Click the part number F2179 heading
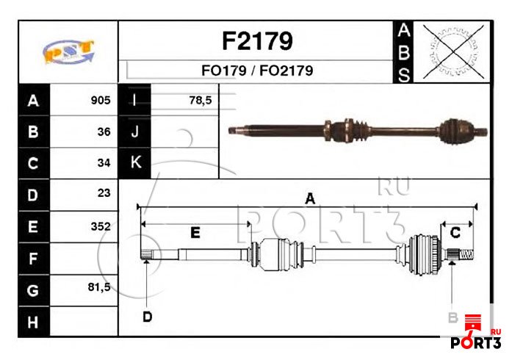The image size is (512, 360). click(257, 41)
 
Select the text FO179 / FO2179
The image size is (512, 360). click(257, 71)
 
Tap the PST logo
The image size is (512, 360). click(68, 51)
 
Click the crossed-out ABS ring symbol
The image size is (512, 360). click(453, 51)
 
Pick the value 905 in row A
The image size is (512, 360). click(101, 101)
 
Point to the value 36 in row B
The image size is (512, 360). click(104, 132)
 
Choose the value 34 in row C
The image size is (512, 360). click(104, 162)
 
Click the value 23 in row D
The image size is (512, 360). click(104, 192)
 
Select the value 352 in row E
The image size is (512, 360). click(101, 226)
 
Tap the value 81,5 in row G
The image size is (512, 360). click(99, 287)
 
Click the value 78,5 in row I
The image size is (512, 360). click(201, 101)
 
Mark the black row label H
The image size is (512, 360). click(34, 322)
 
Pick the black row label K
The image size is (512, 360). click(135, 162)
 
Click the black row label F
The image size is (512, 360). click(34, 259)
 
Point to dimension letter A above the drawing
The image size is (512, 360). click(310, 198)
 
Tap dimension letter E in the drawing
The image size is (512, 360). click(195, 233)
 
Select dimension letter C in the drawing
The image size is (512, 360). click(455, 233)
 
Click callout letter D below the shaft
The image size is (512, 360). click(147, 317)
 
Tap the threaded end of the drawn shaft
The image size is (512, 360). click(466, 253)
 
